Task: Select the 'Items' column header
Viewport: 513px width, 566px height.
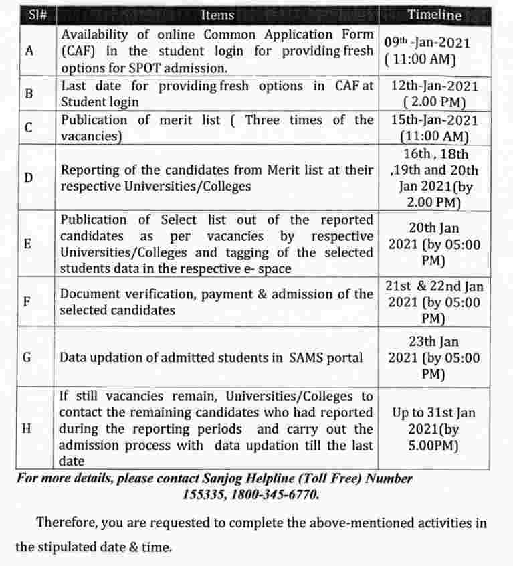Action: click(217, 15)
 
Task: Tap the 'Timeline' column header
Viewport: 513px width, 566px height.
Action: click(435, 15)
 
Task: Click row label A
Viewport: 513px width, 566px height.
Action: click(29, 51)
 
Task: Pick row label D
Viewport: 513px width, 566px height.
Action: click(29, 178)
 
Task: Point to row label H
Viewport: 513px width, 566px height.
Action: click(29, 428)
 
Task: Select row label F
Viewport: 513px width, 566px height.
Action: click(29, 301)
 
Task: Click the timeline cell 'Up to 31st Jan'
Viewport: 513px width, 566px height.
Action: click(434, 413)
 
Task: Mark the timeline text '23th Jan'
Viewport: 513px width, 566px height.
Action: click(434, 341)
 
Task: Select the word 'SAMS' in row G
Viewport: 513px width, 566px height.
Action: click(306, 357)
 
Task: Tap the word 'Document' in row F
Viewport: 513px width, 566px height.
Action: click(88, 294)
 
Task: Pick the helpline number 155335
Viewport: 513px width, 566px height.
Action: click(205, 495)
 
